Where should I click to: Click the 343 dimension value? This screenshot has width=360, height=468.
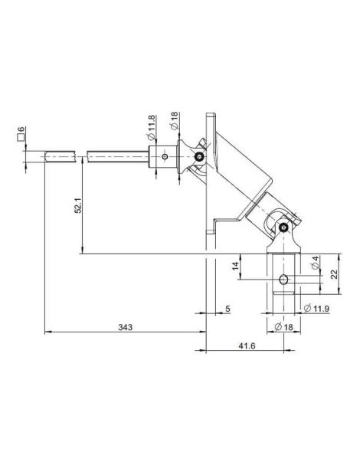click(125, 327)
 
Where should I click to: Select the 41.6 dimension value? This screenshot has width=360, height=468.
click(247, 346)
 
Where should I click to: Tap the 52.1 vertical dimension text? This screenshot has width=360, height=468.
click(78, 205)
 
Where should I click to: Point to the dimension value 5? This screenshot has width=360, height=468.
click(227, 309)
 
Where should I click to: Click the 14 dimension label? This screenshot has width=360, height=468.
click(236, 266)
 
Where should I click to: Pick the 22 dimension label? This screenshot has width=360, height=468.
click(334, 274)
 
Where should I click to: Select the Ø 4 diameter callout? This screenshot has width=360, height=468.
click(316, 262)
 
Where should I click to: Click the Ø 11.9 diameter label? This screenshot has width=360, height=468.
click(316, 308)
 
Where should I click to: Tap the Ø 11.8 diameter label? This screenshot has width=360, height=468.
click(152, 127)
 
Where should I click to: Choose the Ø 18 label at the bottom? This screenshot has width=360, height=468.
click(283, 327)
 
